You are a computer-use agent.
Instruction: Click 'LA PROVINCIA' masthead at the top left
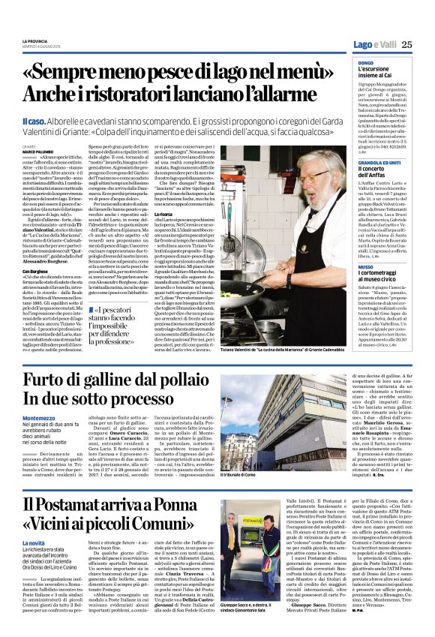(x=34, y=39)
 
